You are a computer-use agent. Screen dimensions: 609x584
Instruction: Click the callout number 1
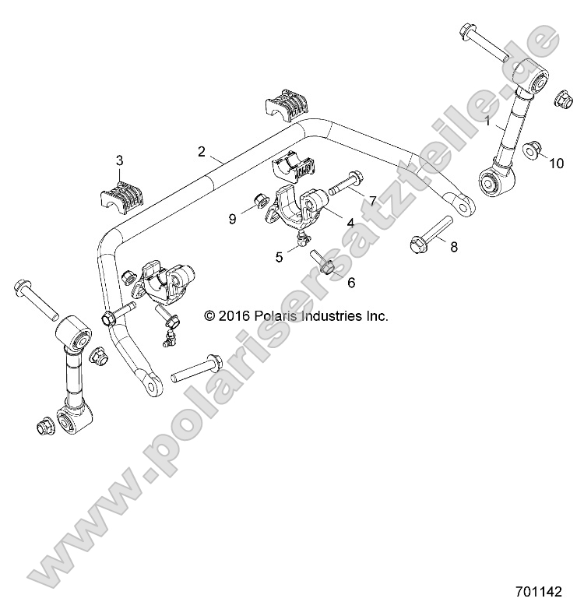coord(487,121)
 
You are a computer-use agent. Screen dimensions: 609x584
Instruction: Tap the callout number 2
coord(201,151)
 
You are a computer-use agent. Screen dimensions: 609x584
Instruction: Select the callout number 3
coord(119,160)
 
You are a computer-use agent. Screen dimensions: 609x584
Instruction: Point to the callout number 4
coord(350,223)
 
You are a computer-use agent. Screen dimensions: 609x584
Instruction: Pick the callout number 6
coord(350,283)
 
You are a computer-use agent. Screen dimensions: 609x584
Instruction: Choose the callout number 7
coord(372,202)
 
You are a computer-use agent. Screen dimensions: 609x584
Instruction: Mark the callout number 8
coord(454,247)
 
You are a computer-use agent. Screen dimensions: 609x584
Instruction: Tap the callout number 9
coord(232,220)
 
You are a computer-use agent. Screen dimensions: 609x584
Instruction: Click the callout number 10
coord(556,164)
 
